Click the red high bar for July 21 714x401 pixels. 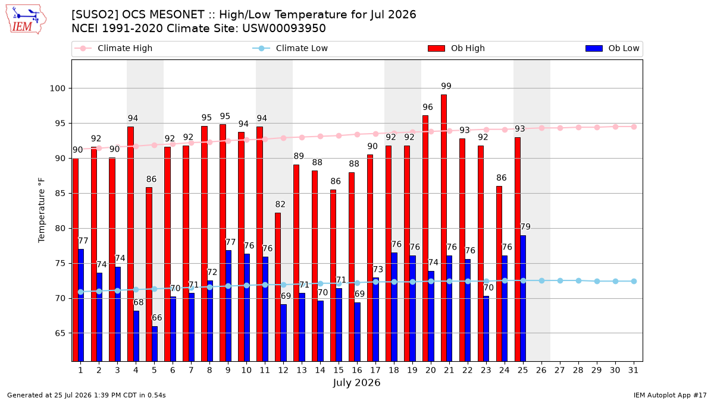444,228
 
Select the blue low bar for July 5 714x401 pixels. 155,344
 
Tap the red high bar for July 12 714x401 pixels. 278,287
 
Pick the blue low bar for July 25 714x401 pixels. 523,298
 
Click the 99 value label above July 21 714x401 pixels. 446,86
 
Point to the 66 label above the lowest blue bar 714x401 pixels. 157,318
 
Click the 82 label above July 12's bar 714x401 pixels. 280,204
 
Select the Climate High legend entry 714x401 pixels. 114,48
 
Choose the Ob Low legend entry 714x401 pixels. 612,48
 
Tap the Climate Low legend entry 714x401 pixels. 290,48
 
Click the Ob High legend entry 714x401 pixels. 456,48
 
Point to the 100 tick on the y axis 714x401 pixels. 57,89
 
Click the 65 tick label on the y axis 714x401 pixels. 60,333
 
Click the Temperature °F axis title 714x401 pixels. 42,210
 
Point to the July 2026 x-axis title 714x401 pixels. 356,383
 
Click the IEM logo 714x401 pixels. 26,20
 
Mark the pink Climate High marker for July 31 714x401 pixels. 634,127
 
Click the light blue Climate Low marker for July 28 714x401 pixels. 578,280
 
